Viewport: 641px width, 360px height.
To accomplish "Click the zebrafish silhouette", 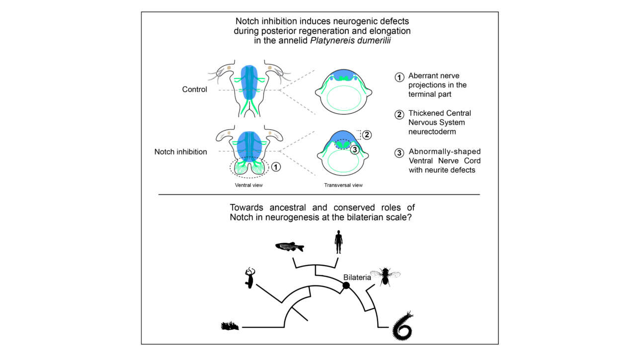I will point(289,247).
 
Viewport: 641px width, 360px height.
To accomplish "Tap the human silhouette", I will point(338,242).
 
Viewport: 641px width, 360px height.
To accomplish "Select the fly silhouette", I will point(385,276).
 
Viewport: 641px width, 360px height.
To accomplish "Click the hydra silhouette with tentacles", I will point(249,278).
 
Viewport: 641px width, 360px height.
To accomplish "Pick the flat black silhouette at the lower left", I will point(231,326).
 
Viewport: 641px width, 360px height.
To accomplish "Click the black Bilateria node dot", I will point(346,285).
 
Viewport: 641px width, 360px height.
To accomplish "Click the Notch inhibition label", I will point(181,152).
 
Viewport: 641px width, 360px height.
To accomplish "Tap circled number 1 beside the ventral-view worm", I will point(277,167).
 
